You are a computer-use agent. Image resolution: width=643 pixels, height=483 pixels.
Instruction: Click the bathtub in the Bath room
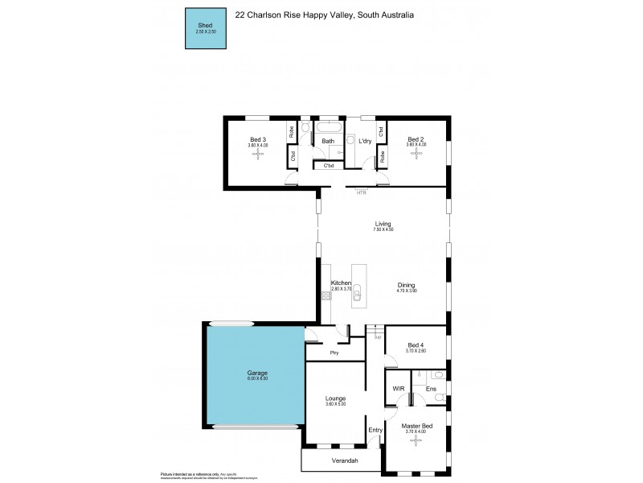pyautogui.click(x=328, y=127)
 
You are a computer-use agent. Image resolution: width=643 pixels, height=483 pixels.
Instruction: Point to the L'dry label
pyautogui.click(x=364, y=141)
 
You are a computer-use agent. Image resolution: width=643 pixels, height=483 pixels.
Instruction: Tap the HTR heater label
pyautogui.click(x=361, y=192)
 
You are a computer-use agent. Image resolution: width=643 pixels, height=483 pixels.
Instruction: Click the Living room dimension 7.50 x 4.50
pyautogui.click(x=383, y=230)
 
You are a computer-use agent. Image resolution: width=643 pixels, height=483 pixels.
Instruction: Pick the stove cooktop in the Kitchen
pyautogui.click(x=327, y=296)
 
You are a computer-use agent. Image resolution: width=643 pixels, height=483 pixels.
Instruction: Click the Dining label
pyautogui.click(x=406, y=285)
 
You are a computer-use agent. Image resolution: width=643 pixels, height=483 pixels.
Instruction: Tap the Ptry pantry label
pyautogui.click(x=334, y=353)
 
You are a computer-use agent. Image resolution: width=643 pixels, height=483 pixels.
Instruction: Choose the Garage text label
pyautogui.click(x=256, y=373)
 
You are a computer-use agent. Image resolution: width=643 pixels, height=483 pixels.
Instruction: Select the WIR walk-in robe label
pyautogui.click(x=399, y=388)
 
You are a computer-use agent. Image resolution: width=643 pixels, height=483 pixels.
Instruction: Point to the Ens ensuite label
pyautogui.click(x=430, y=388)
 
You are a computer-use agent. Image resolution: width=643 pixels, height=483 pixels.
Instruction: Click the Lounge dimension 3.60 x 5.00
pyautogui.click(x=334, y=403)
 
